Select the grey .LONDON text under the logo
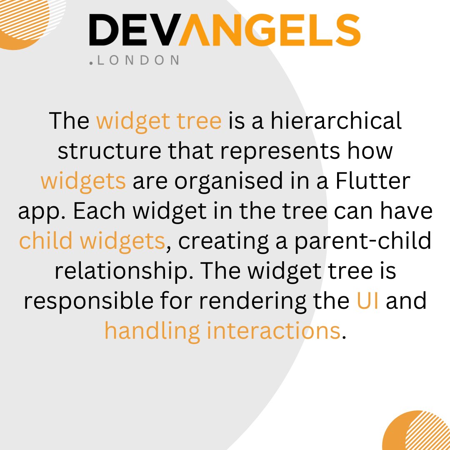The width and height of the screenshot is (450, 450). tap(134, 60)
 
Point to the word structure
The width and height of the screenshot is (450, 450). tap(109, 151)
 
